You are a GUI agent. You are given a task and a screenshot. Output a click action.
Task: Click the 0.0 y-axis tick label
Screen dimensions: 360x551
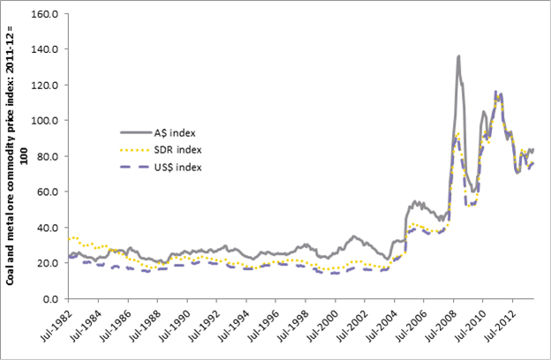tap(50, 299)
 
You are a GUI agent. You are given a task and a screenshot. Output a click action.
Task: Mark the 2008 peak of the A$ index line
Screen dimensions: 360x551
tap(459, 56)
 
